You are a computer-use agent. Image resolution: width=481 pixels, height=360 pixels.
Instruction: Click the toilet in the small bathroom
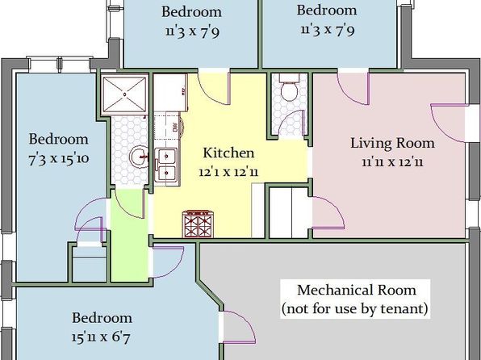(x=289, y=87)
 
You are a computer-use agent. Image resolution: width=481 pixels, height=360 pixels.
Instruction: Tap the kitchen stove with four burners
(x=199, y=224)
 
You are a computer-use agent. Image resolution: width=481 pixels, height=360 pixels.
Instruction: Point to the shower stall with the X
(x=124, y=94)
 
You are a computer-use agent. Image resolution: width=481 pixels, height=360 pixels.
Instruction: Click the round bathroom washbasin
(x=140, y=157)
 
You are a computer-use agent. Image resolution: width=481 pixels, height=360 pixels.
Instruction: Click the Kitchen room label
(x=228, y=153)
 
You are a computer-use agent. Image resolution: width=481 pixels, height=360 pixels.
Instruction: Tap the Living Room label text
(x=392, y=143)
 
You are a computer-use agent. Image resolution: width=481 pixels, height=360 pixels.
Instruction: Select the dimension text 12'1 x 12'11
(x=228, y=172)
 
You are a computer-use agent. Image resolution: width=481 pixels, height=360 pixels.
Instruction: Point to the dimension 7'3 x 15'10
(x=59, y=159)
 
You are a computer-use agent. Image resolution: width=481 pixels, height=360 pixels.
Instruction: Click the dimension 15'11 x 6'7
(x=101, y=337)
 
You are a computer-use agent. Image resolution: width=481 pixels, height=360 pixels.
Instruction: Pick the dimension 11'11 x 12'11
(x=392, y=161)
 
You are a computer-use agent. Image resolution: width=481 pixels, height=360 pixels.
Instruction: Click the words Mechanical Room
(x=357, y=290)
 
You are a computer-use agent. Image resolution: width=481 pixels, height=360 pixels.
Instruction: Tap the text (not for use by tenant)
(x=355, y=308)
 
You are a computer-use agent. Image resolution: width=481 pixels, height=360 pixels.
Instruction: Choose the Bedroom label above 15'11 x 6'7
(x=102, y=318)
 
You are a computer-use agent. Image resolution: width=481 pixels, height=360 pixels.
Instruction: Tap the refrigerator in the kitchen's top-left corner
(x=170, y=92)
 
